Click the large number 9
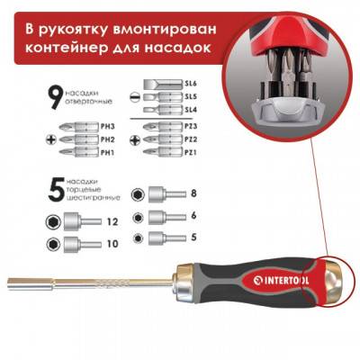pyautogui.click(x=53, y=93)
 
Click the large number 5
pyautogui.click(x=54, y=189)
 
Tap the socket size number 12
pyautogui.click(x=112, y=220)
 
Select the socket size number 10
pyautogui.click(x=112, y=244)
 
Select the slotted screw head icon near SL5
pyautogui.click(x=134, y=96)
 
